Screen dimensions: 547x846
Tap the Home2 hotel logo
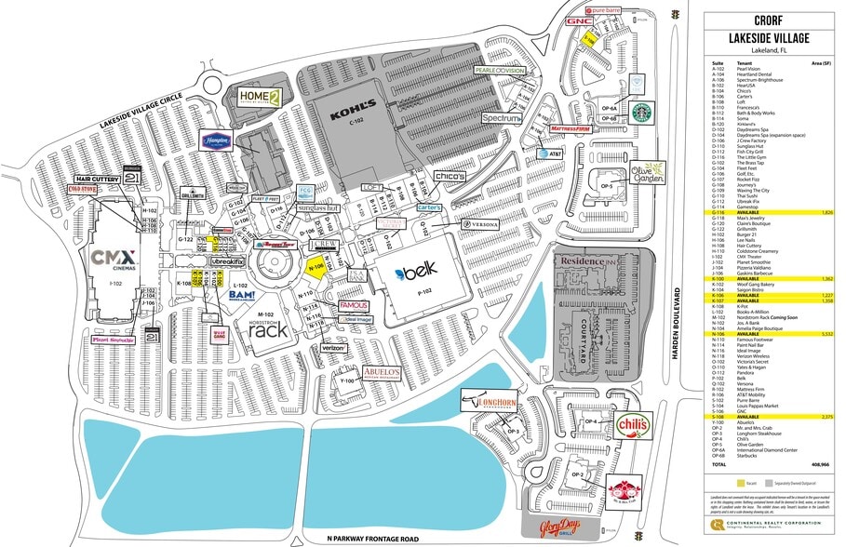click(258, 97)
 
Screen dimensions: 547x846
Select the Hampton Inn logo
click(216, 140)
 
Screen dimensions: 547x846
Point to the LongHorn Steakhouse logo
click(492, 401)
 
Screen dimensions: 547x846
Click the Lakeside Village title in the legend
click(769, 37)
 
